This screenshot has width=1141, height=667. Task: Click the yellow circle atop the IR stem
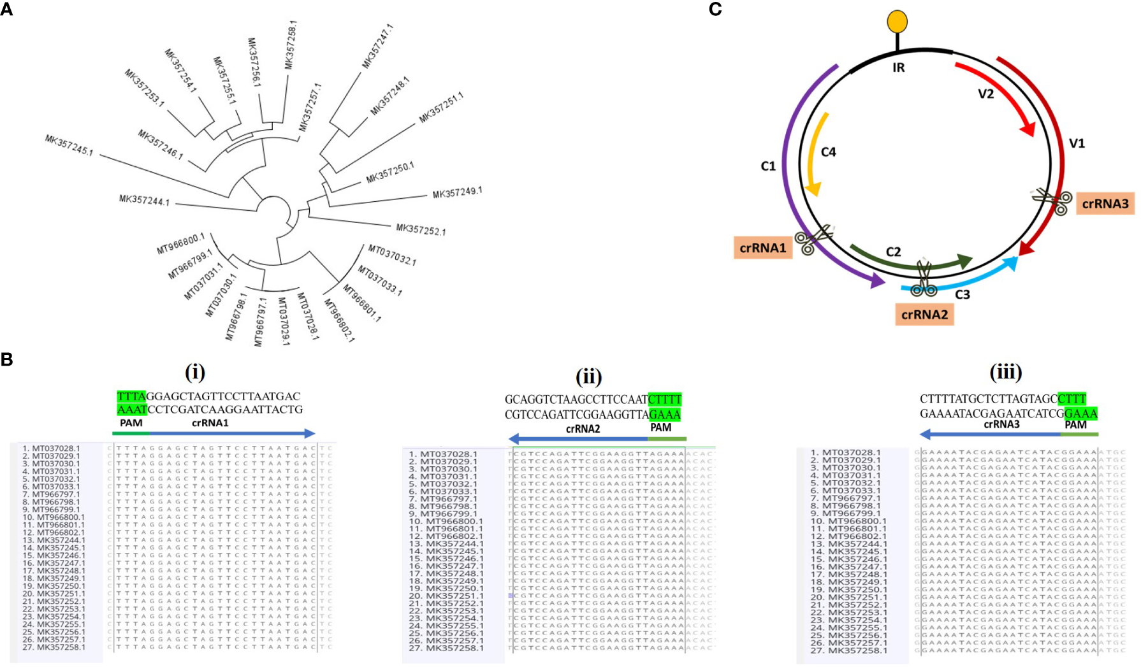(x=898, y=22)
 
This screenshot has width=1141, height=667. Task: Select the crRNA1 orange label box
(x=763, y=248)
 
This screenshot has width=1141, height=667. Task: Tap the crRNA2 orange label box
(x=925, y=314)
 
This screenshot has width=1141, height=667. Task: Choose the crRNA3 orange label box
(x=1105, y=204)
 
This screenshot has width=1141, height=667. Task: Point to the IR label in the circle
(x=898, y=68)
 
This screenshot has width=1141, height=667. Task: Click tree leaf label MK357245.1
(x=69, y=145)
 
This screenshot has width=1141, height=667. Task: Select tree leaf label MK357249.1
(x=457, y=192)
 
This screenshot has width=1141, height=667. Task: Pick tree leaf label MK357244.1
(x=144, y=200)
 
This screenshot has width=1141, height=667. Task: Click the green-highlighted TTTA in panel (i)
(x=131, y=396)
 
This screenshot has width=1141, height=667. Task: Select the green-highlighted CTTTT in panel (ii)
(x=665, y=399)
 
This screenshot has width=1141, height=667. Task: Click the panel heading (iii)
(x=1005, y=371)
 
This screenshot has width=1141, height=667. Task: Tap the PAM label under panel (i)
(x=131, y=423)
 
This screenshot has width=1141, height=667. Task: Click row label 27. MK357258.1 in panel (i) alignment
(x=54, y=647)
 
